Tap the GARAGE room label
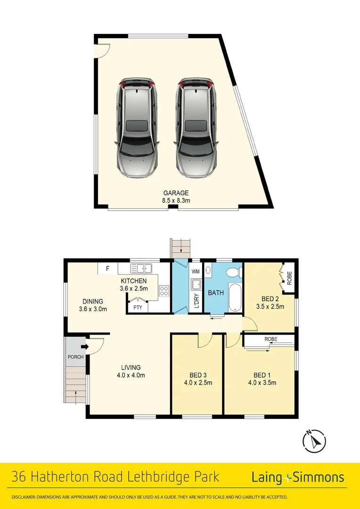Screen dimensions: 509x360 (x=176, y=193)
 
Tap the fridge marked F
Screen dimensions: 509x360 (x=107, y=269)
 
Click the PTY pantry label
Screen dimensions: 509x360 (x=138, y=307)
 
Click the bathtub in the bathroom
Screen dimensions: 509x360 (x=234, y=297)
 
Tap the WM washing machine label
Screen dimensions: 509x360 (x=196, y=271)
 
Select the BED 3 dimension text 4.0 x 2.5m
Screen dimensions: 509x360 (x=197, y=382)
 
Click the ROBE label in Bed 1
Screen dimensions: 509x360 (x=270, y=339)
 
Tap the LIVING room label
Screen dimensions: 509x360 (x=131, y=368)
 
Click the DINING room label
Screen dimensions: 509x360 (x=93, y=302)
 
